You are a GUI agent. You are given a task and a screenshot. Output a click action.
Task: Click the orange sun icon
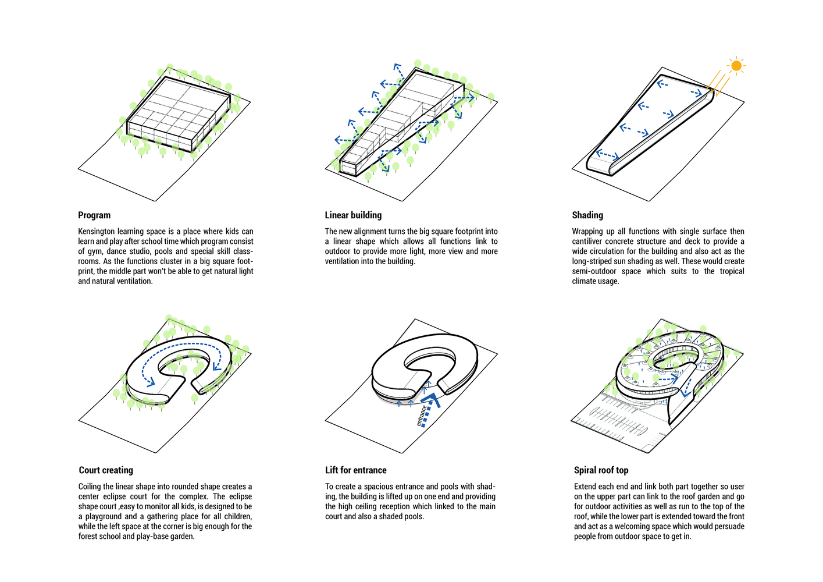pos(736,66)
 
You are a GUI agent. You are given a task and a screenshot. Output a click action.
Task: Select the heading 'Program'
pos(94,215)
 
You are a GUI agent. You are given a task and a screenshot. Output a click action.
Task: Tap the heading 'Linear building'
pos(353,215)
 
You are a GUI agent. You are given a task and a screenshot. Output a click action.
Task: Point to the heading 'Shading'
pos(587,215)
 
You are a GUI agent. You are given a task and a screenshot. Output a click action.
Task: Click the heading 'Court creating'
pos(106,470)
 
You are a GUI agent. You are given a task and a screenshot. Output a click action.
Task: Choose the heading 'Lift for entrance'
pos(355,470)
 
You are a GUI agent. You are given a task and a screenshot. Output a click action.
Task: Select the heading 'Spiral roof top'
pos(601,470)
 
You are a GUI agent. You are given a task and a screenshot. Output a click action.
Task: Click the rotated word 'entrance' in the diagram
pos(422,416)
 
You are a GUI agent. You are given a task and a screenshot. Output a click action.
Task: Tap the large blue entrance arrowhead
pos(430,399)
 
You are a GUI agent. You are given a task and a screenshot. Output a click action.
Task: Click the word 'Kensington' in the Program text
pos(97,232)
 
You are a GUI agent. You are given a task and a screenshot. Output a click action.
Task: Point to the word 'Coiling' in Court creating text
pos(90,487)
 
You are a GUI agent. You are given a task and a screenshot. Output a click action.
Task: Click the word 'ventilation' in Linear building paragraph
pos(341,261)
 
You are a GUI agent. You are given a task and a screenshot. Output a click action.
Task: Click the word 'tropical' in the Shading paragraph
pos(732,271)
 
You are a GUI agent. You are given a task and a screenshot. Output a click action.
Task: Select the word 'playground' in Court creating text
pos(104,517)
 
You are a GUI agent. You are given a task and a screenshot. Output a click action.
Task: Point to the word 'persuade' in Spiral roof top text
pos(731,527)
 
